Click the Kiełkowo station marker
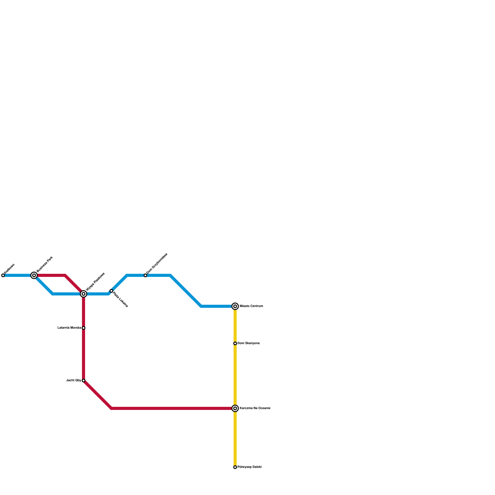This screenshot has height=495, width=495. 3,275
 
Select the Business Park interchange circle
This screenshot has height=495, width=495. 34,275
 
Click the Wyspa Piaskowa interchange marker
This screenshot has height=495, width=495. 84,294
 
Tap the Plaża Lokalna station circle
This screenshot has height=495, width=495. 111,291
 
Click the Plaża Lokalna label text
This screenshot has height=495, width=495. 120,299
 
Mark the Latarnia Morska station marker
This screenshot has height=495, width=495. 84,328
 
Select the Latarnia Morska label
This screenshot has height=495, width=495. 69,328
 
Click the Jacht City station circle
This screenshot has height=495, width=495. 84,381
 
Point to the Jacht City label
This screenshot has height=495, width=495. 74,381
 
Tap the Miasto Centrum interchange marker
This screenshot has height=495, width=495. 235,306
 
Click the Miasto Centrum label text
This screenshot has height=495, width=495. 251,306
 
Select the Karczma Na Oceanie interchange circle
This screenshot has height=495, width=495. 235,408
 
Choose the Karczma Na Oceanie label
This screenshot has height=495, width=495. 255,408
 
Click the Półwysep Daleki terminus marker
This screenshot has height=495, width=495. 235,467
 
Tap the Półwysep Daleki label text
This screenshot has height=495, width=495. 249,467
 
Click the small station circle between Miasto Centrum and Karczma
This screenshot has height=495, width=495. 235,343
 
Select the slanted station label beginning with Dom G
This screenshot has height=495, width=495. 157,264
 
